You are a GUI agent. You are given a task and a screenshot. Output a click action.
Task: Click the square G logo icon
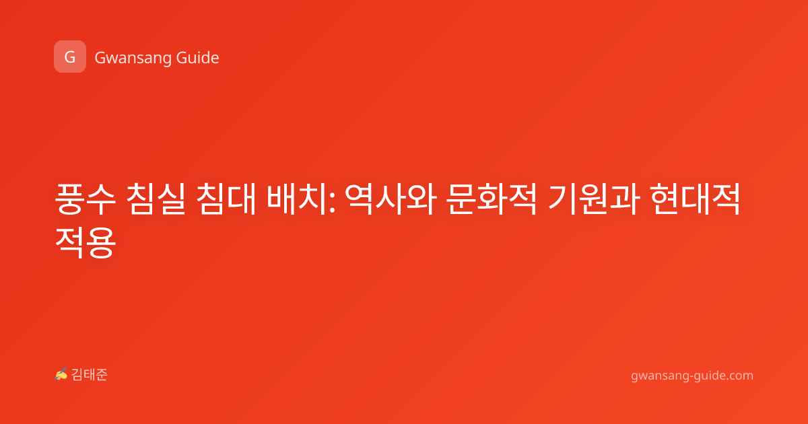click(x=70, y=57)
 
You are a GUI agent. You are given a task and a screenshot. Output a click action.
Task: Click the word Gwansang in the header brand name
click(x=133, y=59)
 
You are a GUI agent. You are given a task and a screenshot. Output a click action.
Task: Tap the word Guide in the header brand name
click(x=198, y=58)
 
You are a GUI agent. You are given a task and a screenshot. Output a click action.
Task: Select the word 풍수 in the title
click(x=85, y=199)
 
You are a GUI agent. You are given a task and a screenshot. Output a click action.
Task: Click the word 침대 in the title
click(x=226, y=199)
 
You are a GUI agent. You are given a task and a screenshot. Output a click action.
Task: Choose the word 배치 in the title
click(x=296, y=199)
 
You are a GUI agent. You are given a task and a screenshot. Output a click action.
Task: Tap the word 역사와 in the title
click(x=391, y=199)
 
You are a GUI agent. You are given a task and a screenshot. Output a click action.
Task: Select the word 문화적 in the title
click(x=492, y=199)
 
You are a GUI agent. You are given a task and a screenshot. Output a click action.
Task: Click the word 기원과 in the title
click(x=594, y=199)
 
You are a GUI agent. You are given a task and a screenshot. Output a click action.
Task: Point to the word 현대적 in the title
click(x=696, y=199)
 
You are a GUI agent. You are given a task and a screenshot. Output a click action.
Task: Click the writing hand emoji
click(x=61, y=374)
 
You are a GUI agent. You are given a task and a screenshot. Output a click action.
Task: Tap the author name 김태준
click(x=90, y=375)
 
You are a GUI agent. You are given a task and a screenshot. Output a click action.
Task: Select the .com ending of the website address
click(x=739, y=376)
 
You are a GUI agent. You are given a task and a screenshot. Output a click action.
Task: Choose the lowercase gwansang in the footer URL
click(x=659, y=376)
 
